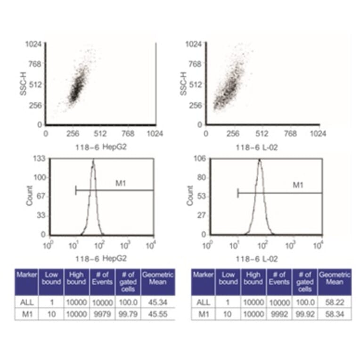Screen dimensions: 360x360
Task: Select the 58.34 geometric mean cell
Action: [334, 313]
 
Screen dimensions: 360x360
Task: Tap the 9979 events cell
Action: [102, 313]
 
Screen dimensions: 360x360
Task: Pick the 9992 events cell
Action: [279, 313]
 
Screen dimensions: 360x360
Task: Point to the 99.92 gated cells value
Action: [305, 313]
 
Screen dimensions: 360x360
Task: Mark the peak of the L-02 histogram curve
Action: [259, 160]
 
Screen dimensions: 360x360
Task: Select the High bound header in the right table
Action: [254, 278]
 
